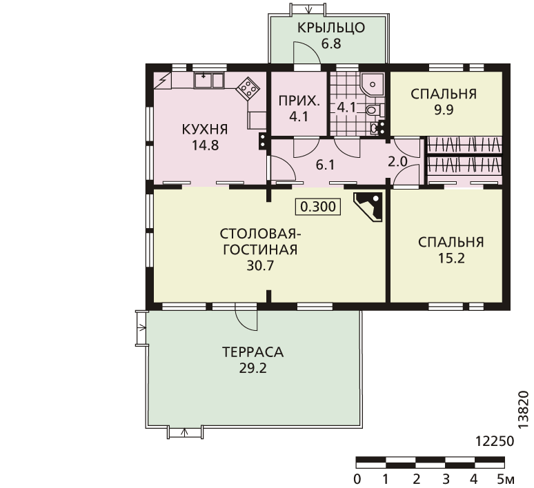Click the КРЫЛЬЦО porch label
point(331,28)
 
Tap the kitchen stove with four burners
point(248,88)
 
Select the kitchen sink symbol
point(209,81)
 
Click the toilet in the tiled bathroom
point(374,110)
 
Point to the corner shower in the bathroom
point(373,84)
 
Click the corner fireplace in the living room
point(368,207)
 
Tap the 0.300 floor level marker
point(318,207)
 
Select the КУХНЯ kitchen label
point(205,130)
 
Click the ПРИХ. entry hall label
point(299,101)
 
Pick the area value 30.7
point(260,266)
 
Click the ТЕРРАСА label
point(253,352)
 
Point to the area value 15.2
point(451,258)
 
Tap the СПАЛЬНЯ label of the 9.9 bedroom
point(444,94)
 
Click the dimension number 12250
point(494,441)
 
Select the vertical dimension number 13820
point(524,410)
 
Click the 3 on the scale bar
point(446,479)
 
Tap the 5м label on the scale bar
point(506,479)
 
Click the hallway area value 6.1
point(325,165)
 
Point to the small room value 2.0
point(398,162)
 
